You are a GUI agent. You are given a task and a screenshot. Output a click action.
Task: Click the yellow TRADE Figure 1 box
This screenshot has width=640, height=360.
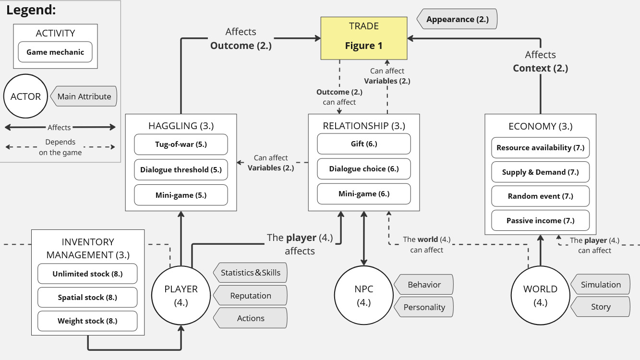click(x=363, y=38)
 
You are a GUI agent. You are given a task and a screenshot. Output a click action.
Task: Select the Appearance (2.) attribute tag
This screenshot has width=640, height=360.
click(x=457, y=20)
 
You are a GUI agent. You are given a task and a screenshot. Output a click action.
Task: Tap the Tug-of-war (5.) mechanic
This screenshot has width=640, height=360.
click(x=181, y=144)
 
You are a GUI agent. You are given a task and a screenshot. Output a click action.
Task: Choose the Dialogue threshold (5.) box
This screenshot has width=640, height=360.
click(x=181, y=169)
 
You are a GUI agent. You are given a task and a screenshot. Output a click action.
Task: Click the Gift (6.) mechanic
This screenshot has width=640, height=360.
click(x=364, y=144)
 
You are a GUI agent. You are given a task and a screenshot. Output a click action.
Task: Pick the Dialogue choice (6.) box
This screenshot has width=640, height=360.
click(x=364, y=169)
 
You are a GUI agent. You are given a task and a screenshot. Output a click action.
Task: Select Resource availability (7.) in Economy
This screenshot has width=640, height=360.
click(x=540, y=148)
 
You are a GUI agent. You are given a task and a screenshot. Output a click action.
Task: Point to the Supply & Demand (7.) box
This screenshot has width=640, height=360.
click(x=540, y=172)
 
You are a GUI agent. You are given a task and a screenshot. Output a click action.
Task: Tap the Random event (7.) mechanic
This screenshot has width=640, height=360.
click(x=540, y=196)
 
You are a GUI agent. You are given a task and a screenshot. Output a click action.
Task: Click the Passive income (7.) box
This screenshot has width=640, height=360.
click(x=540, y=221)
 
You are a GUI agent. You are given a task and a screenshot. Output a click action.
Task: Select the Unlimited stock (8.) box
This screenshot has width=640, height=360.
click(x=87, y=274)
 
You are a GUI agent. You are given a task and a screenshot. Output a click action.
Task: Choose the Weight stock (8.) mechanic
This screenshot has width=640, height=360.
click(x=87, y=321)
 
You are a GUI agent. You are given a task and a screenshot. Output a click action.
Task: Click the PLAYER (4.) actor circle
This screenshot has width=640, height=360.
click(x=181, y=295)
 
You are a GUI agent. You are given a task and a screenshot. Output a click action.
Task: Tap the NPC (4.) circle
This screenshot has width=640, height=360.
click(x=363, y=295)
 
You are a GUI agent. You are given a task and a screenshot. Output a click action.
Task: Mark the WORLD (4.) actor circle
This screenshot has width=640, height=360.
click(x=540, y=295)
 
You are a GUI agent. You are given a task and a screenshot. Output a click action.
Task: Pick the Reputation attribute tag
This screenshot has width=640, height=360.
click(x=251, y=296)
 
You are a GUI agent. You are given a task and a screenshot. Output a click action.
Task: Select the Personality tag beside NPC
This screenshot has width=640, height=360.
click(x=424, y=307)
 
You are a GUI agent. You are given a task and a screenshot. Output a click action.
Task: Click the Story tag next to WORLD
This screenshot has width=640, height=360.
click(x=601, y=307)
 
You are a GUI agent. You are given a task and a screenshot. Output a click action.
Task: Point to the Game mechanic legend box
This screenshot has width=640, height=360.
click(x=55, y=52)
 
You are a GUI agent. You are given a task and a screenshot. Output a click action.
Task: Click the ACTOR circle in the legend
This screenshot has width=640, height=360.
click(x=25, y=96)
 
